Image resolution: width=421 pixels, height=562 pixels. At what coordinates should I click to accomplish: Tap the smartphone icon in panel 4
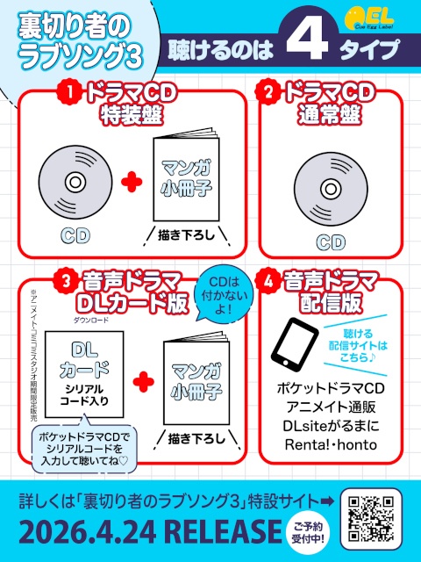click(x=293, y=349)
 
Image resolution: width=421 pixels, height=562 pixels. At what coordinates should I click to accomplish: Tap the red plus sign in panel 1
click(x=131, y=182)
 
